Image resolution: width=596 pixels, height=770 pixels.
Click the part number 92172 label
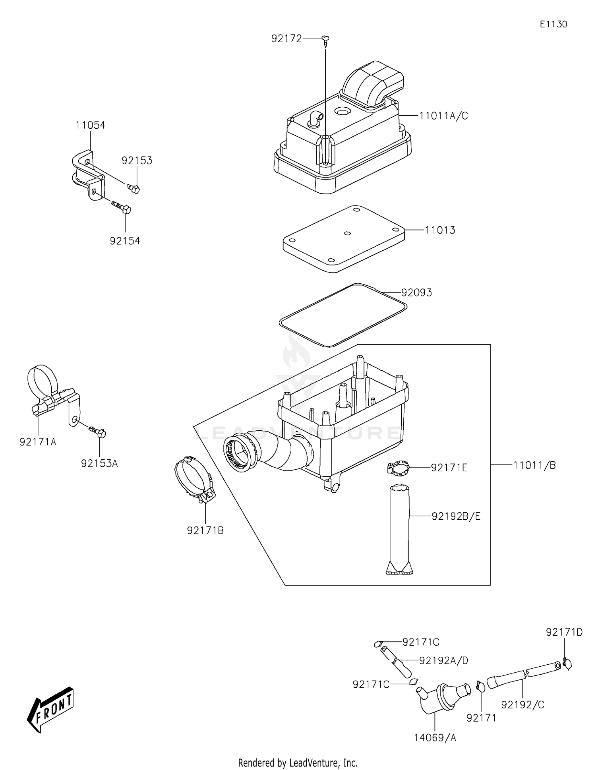tap(286, 39)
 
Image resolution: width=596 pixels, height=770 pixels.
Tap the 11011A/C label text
tap(444, 116)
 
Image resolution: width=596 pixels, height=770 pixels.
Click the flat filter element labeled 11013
tap(344, 238)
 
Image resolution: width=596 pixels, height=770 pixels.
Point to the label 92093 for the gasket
tap(416, 293)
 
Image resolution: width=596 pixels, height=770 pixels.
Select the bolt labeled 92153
tap(134, 188)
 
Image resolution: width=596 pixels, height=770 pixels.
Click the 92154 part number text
tap(125, 241)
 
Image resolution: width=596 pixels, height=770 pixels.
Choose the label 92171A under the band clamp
tap(38, 442)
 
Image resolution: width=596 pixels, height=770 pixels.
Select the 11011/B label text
tap(534, 465)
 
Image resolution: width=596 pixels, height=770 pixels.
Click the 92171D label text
tap(564, 632)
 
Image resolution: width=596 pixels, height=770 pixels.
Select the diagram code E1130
tap(553, 24)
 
